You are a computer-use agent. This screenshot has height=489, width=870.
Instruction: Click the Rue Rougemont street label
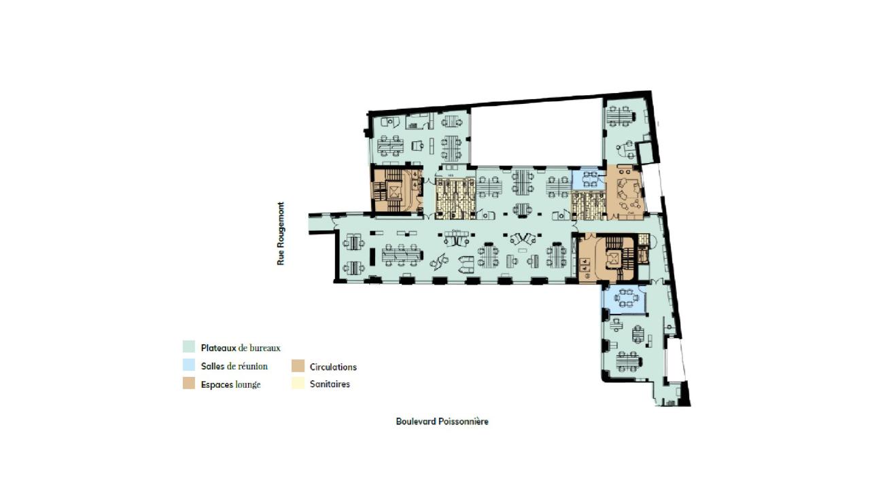(281, 234)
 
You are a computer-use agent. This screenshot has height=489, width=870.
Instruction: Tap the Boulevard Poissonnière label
(442, 421)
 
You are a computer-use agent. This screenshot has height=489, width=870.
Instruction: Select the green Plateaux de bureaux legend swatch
(189, 347)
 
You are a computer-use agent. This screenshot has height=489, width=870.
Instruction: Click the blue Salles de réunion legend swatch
(189, 365)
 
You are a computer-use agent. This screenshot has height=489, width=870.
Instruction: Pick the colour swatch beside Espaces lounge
(189, 384)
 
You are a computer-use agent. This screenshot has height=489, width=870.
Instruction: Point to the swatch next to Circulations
(298, 366)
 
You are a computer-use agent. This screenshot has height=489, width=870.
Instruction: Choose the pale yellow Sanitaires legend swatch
(298, 384)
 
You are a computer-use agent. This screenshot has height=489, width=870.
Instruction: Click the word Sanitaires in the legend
(330, 384)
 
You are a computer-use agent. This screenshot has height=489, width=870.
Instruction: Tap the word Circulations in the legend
(333, 367)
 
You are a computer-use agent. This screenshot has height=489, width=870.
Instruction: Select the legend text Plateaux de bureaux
(241, 348)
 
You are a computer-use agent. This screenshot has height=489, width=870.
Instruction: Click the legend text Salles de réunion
(234, 366)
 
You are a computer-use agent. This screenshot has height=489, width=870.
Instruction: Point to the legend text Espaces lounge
(231, 384)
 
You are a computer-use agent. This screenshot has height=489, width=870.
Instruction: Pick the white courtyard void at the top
(536, 136)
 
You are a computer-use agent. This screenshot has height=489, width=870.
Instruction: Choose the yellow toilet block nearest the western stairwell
(455, 198)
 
